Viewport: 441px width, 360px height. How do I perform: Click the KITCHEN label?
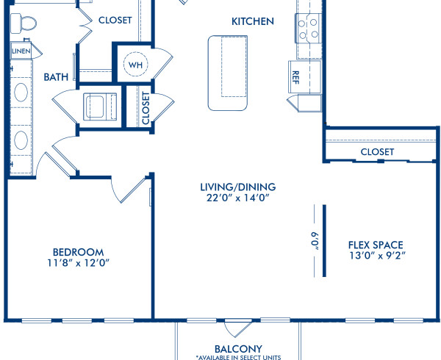click(253, 21)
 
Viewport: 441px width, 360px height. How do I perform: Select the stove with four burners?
click(308, 28)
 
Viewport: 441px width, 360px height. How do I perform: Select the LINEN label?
click(20, 51)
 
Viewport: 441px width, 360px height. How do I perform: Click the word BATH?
click(56, 76)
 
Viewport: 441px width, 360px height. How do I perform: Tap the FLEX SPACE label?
click(376, 245)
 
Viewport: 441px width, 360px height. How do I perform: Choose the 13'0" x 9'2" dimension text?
click(376, 256)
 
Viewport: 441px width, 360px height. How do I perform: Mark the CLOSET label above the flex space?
click(377, 152)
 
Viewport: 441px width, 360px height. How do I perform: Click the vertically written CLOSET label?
click(146, 108)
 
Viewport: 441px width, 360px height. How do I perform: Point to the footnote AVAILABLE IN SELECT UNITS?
click(238, 357)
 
